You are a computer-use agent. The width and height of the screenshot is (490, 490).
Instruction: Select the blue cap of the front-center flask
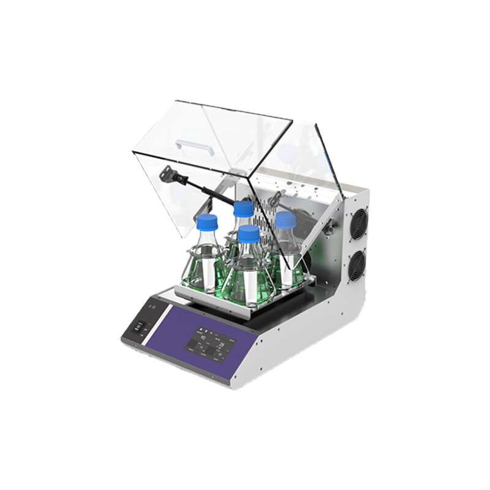coord(249,232)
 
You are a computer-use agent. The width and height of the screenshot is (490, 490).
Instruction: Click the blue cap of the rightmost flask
coord(285,219)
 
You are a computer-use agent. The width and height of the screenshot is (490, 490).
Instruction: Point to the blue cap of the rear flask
coord(244,208)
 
